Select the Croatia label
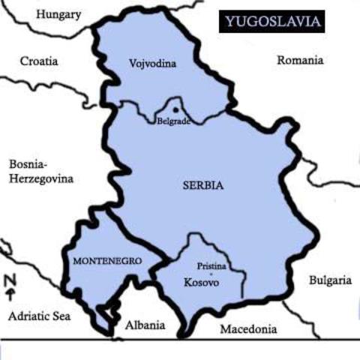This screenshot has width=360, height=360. (39, 61)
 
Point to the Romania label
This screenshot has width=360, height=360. (300, 60)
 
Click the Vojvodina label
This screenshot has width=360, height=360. (152, 64)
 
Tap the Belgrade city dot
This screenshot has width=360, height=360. (176, 106)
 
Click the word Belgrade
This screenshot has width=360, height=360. (172, 120)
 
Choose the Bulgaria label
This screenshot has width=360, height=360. (330, 280)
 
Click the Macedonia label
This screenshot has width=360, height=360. (248, 328)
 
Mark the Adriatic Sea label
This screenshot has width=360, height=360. (39, 316)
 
